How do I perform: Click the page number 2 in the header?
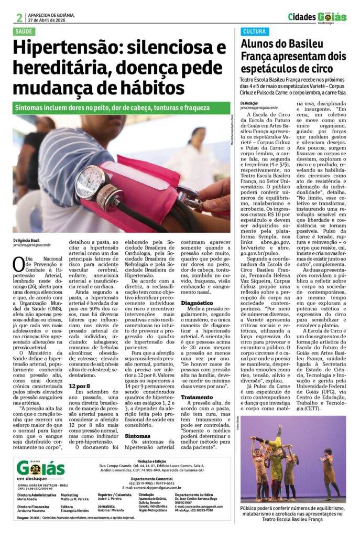point(19,17)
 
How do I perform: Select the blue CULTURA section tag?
point(254,32)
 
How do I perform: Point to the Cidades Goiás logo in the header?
point(317,17)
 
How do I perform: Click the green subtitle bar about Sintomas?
point(111,107)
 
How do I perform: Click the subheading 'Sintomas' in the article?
point(138,435)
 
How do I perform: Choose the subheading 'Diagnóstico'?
point(197,304)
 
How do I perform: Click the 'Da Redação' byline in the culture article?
point(250,103)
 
